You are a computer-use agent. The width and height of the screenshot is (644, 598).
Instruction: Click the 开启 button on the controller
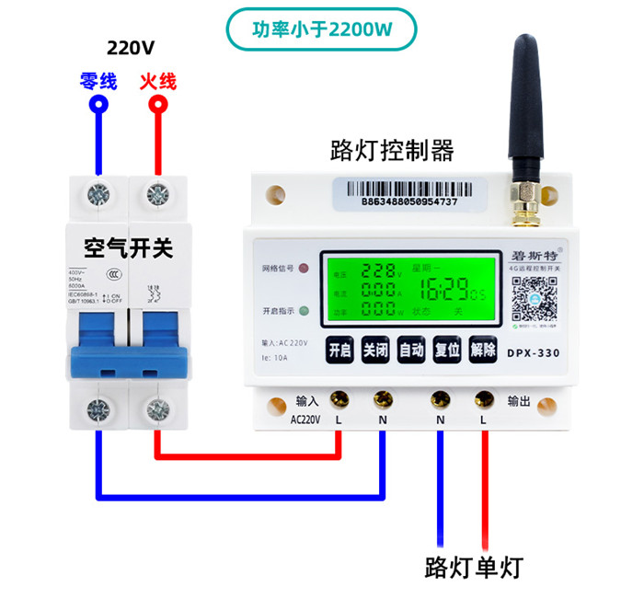(x=339, y=351)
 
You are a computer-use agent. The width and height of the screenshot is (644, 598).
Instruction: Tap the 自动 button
(x=411, y=351)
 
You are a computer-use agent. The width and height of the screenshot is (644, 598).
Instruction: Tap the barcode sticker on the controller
(x=409, y=191)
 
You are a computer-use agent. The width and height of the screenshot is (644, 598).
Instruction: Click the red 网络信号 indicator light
(x=303, y=270)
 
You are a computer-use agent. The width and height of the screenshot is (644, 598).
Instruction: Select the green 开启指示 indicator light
(x=303, y=310)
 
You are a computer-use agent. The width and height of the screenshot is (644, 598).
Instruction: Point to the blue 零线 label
(x=98, y=81)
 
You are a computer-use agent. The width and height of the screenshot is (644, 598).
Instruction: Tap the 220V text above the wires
(x=130, y=48)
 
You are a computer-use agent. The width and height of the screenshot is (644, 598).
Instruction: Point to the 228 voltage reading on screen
(x=377, y=271)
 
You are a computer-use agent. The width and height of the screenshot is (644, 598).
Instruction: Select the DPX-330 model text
(x=534, y=351)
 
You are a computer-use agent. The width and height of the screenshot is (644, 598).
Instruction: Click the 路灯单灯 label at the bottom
(x=477, y=565)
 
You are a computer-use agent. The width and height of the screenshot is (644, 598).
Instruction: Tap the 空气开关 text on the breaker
(x=128, y=247)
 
